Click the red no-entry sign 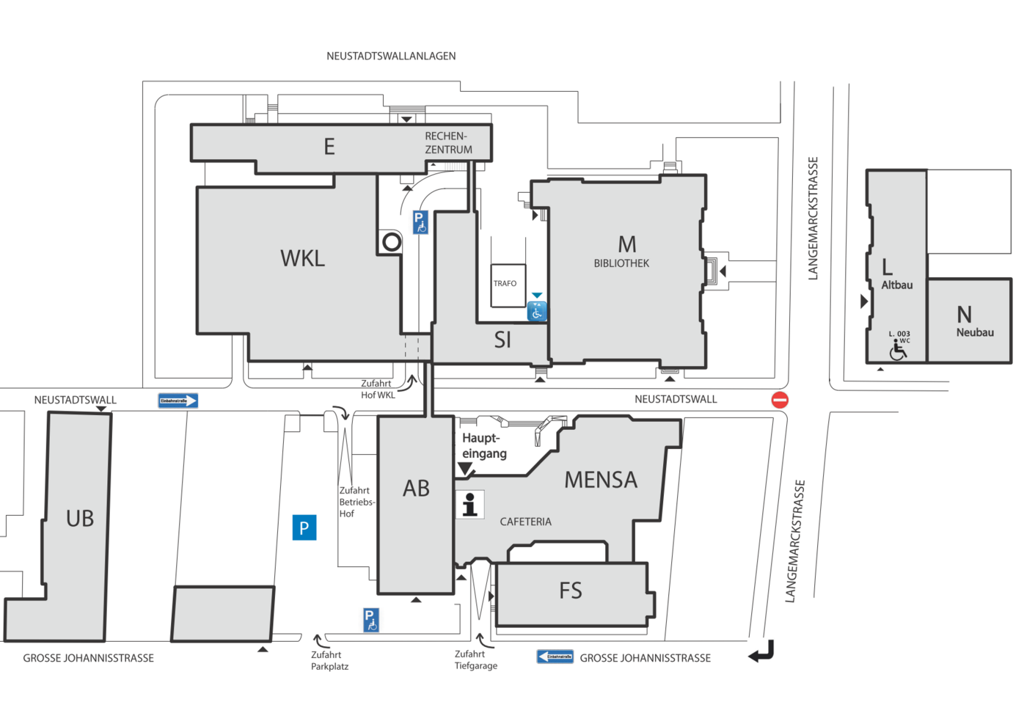coord(780,400)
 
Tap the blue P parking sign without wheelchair coord(304,527)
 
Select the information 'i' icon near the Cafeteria coord(470,505)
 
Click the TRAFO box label coord(505,283)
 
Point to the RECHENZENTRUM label coord(448,143)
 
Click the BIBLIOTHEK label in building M coord(621,263)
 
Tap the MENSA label coord(601,480)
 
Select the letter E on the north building coord(329,147)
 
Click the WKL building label coord(302,258)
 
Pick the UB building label coord(80,519)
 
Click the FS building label coord(571,590)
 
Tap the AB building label coord(416,489)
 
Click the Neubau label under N coord(975,332)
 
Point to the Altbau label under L coord(896,285)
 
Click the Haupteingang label coord(483,446)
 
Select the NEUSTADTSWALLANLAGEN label coord(391,56)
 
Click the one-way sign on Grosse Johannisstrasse coord(555,657)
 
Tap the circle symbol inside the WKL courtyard coord(392,241)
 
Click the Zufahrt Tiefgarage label coord(475,659)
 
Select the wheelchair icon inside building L coord(898,351)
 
